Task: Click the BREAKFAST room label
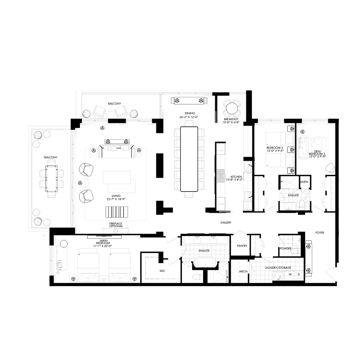click(x=231, y=119)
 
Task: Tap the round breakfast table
click(x=232, y=108)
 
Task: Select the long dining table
click(x=189, y=159)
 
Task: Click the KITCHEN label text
click(x=236, y=177)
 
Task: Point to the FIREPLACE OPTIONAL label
click(x=116, y=225)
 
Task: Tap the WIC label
click(x=162, y=271)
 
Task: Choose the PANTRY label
click(x=242, y=246)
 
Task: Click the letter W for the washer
click(x=290, y=274)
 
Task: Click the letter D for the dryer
click(x=299, y=274)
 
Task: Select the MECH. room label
click(x=244, y=271)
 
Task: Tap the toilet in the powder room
click(x=295, y=251)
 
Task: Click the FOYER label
click(x=320, y=232)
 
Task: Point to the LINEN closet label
click(x=304, y=182)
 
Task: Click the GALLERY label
click(x=226, y=222)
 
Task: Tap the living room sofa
click(x=116, y=151)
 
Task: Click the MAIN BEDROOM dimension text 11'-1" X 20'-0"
click(x=103, y=246)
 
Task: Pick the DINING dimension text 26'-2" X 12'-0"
click(x=189, y=117)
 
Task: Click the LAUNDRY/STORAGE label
click(x=278, y=268)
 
